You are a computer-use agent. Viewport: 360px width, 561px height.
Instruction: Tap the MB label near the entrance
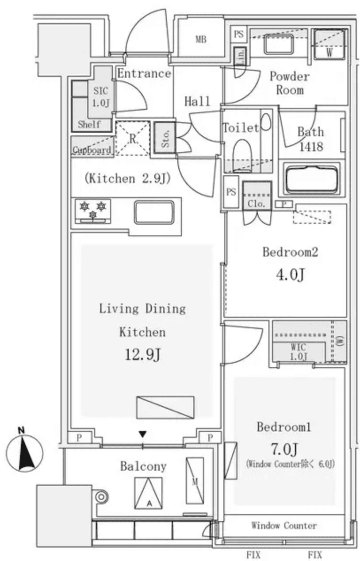tap(201, 39)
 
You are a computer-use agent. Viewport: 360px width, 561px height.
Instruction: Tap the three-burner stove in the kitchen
tap(93, 210)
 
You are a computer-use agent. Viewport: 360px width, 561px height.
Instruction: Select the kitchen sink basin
tap(154, 212)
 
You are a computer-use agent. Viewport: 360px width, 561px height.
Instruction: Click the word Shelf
tap(89, 125)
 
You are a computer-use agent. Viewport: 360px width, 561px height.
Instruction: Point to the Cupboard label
tap(92, 150)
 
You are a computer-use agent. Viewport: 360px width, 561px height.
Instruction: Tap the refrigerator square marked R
tap(132, 138)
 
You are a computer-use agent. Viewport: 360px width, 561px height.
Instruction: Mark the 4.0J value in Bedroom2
tap(290, 275)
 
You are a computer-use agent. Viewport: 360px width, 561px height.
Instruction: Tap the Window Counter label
tap(284, 526)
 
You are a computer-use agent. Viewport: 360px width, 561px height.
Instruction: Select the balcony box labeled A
tap(148, 493)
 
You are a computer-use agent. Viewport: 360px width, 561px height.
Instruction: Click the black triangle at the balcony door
tap(142, 435)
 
